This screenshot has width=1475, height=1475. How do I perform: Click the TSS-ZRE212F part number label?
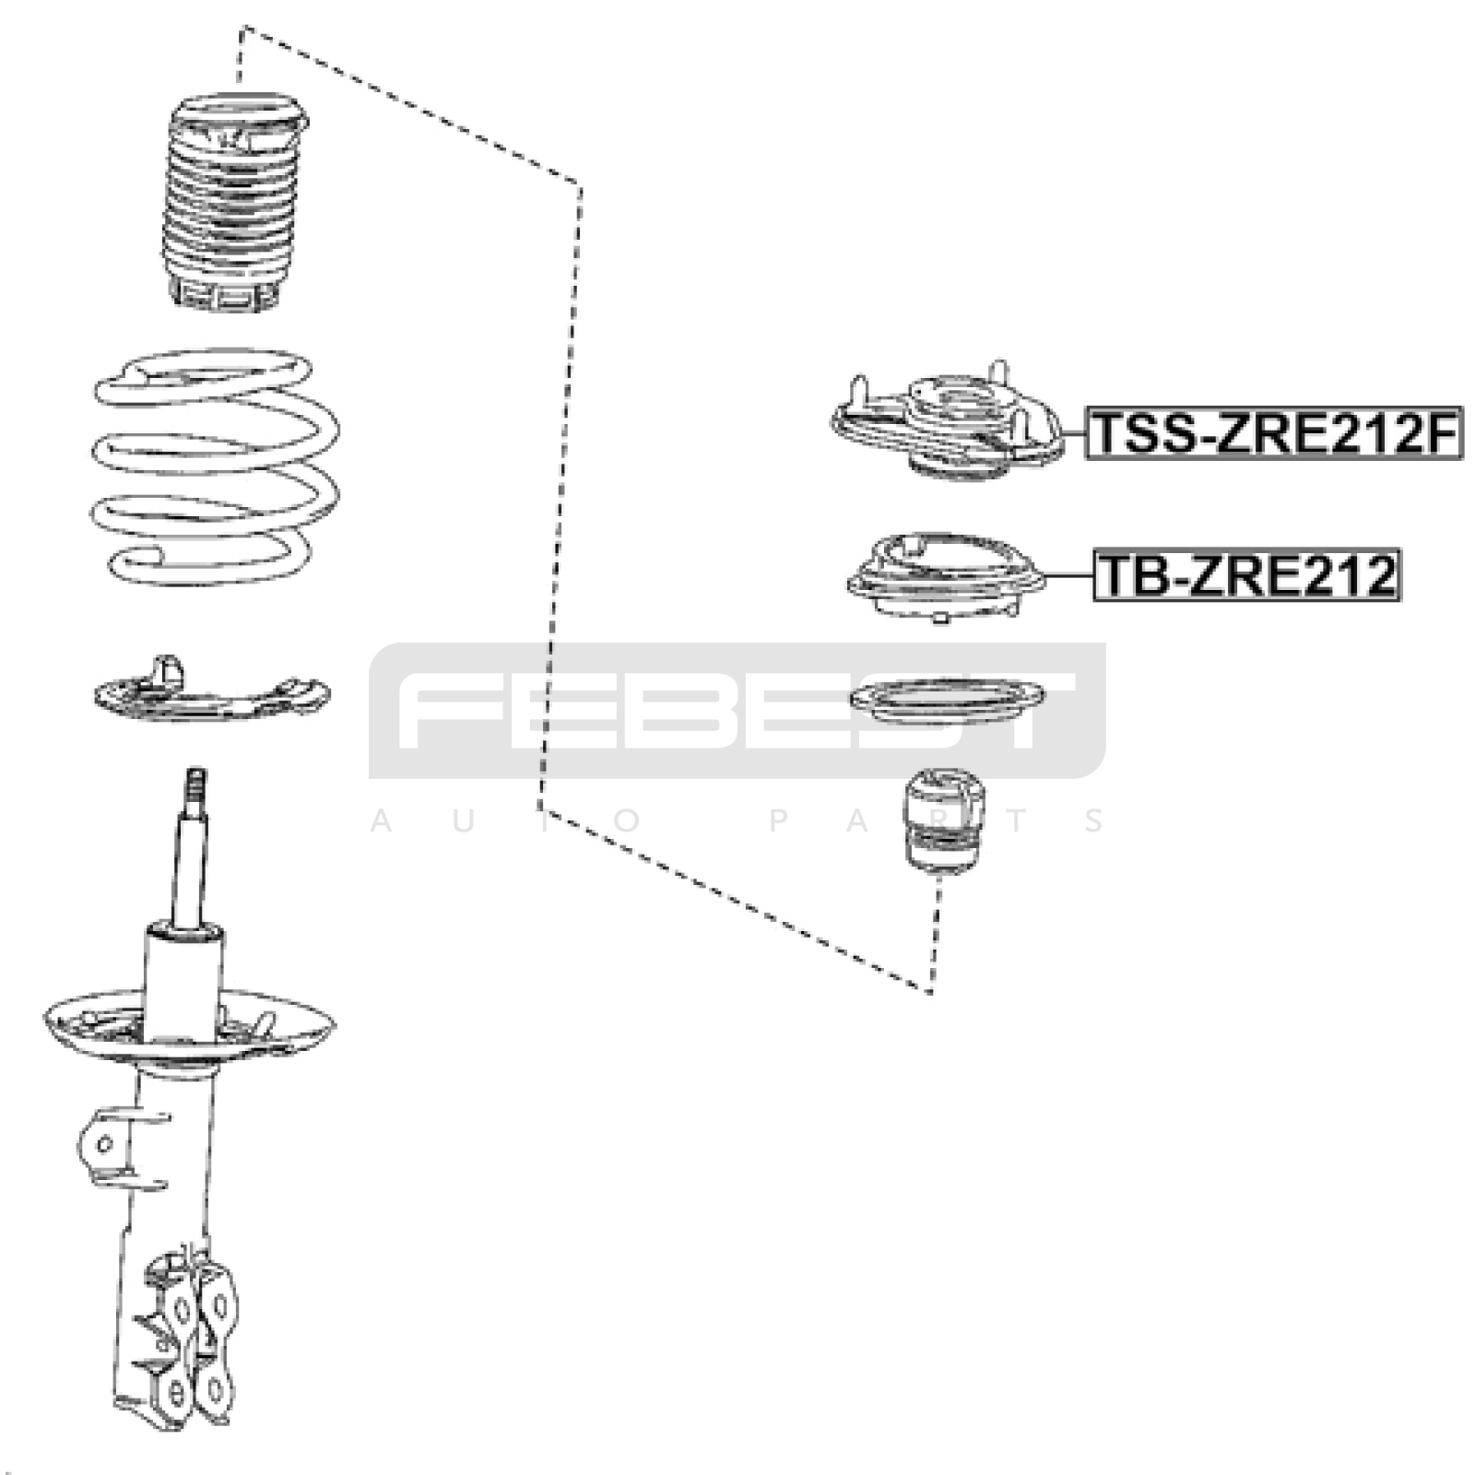[1273, 433]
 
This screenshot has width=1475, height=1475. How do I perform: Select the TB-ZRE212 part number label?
[1247, 574]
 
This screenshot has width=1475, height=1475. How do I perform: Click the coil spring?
[216, 466]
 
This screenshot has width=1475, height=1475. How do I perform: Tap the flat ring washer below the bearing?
[947, 702]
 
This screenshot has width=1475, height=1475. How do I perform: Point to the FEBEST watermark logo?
[737, 710]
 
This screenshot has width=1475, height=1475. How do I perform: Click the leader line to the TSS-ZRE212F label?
[1074, 433]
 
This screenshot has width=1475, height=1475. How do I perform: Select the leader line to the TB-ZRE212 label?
[1070, 574]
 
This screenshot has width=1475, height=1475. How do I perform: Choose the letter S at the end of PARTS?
[1095, 820]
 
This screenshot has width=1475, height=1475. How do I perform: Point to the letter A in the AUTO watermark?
[381, 820]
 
